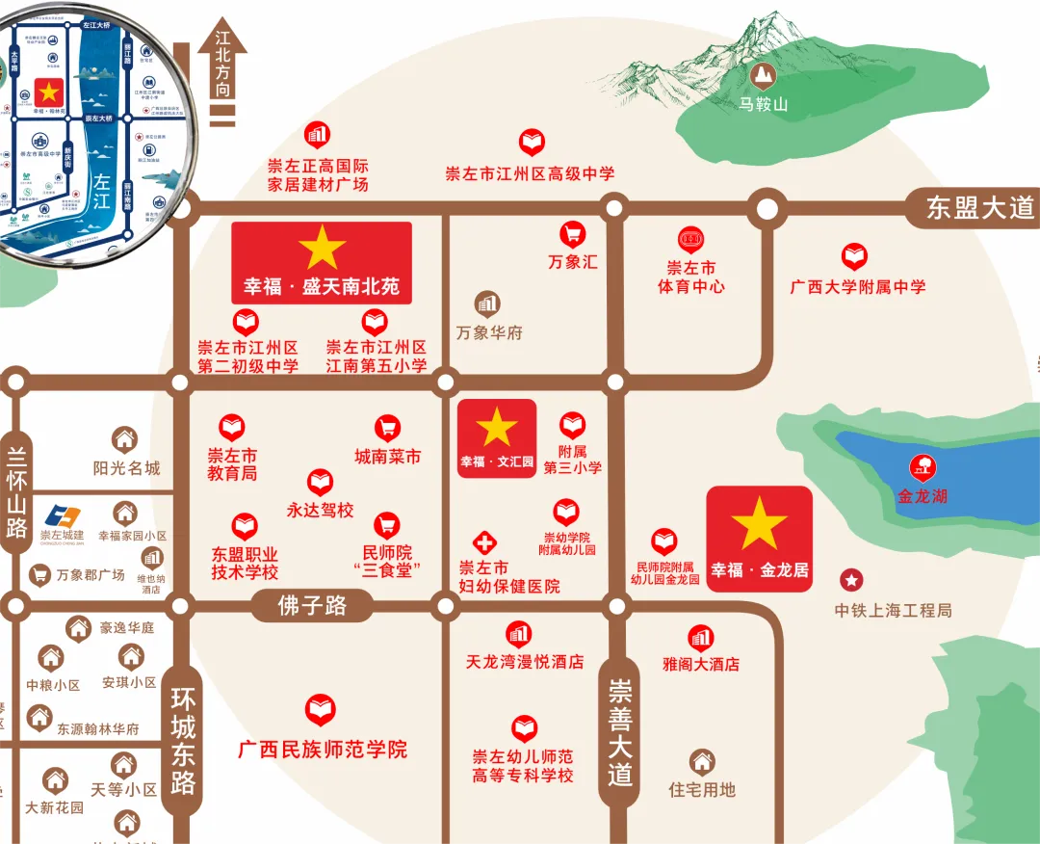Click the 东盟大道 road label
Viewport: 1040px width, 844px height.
point(979,208)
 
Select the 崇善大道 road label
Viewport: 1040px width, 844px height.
point(620,731)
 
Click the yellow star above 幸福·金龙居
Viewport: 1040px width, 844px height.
point(759,524)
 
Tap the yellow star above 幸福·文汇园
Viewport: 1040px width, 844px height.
point(497,427)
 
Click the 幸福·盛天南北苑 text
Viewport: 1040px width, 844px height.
point(321,287)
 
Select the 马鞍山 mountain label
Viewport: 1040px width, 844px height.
point(764,104)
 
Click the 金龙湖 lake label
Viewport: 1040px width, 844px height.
point(923,497)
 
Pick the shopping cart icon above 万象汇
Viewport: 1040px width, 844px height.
point(573,233)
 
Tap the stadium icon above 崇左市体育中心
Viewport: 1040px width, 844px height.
point(690,239)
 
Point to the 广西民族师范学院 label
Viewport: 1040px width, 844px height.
point(323,749)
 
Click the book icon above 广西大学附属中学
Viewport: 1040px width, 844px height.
point(854,257)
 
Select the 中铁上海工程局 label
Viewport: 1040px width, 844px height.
point(893,610)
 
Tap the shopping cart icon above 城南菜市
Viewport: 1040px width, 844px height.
point(387,428)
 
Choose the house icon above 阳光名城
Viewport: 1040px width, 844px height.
point(125,440)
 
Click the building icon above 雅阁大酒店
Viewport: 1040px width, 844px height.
point(700,637)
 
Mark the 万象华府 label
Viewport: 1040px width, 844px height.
point(489,332)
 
